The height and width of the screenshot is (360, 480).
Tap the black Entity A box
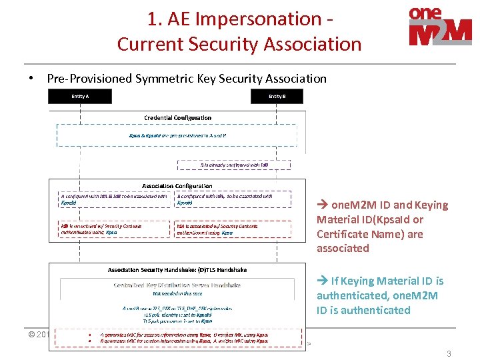pos(80,97)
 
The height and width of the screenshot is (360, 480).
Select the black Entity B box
pos(277,97)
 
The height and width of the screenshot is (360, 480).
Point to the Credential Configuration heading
pos(178,118)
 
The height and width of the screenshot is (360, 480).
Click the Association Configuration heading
pos(177,186)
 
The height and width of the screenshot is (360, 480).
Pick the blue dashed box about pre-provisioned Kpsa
pos(177,135)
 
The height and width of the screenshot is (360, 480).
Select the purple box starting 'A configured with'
pos(114,199)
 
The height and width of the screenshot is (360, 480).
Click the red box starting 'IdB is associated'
pos(114,229)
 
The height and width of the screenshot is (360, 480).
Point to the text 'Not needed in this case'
pos(177,293)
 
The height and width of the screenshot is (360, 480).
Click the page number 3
pos(449,354)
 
